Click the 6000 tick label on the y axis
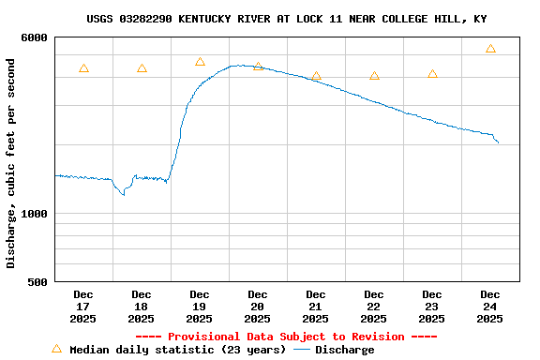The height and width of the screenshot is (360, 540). point(33,37)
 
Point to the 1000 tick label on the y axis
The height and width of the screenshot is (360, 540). point(33,214)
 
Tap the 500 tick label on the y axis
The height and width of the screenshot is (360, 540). point(37,282)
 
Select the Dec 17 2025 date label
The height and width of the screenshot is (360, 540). point(83,307)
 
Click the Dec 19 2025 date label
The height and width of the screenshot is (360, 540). point(200,307)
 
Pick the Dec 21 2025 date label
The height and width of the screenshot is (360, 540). point(316,307)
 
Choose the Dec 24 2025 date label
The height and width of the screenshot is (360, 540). point(490,307)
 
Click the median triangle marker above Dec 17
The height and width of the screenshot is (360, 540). point(83,68)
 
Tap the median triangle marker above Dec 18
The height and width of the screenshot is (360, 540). point(142,68)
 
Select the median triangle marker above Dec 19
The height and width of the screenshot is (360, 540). point(200,62)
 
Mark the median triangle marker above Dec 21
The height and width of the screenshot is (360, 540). point(316,76)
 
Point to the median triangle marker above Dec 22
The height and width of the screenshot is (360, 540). point(374,76)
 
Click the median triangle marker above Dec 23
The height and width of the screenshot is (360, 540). point(432,74)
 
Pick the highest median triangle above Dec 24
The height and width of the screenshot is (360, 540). point(490,49)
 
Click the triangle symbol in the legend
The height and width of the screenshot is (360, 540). point(56,349)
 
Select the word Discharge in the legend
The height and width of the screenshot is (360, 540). point(344,350)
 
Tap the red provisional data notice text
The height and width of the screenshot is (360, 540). point(286,337)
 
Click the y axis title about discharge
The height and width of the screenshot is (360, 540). point(11,163)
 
